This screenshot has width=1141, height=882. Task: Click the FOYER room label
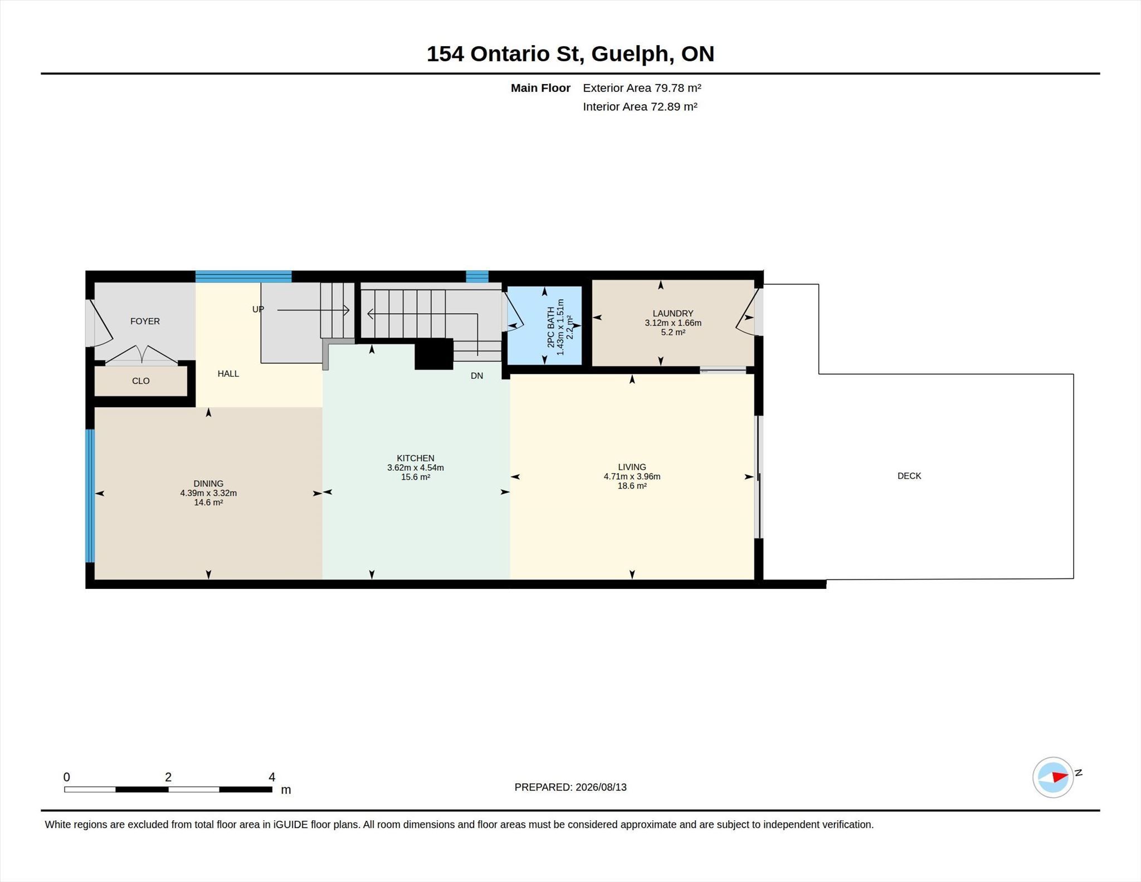tap(145, 321)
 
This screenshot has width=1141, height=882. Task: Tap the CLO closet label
tap(140, 381)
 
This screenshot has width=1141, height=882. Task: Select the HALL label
tap(228, 374)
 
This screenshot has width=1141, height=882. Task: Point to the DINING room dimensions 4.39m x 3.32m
tap(208, 493)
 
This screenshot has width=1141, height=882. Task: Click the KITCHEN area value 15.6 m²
tap(416, 477)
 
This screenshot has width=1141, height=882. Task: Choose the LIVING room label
tap(632, 467)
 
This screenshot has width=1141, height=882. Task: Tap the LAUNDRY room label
tap(673, 314)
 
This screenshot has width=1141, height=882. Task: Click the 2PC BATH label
tap(551, 328)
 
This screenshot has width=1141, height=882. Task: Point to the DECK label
tap(909, 476)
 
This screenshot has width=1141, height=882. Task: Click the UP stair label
tap(258, 309)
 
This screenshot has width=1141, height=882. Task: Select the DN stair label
tap(477, 376)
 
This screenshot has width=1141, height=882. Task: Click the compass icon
tap(1053, 777)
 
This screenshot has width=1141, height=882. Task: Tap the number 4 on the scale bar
tap(272, 777)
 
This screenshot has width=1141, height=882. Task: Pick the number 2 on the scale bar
tap(168, 777)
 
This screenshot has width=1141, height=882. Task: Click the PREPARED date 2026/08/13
tap(601, 787)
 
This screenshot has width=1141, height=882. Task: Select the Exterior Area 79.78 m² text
tap(642, 88)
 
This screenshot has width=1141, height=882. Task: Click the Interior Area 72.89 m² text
tap(640, 106)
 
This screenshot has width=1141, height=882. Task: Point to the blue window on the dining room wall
tap(90, 496)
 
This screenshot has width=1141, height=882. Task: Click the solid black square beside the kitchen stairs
tap(434, 354)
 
